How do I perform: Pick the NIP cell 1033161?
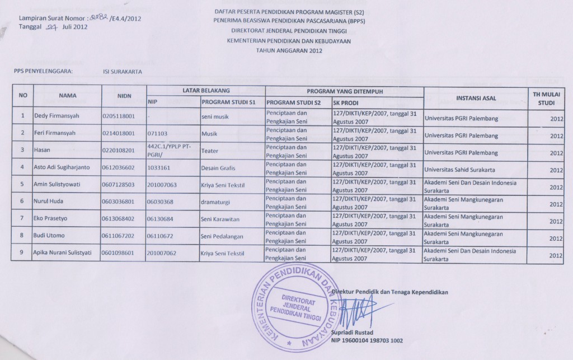pyautogui.click(x=157, y=167)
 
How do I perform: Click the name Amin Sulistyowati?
pyautogui.click(x=60, y=185)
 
